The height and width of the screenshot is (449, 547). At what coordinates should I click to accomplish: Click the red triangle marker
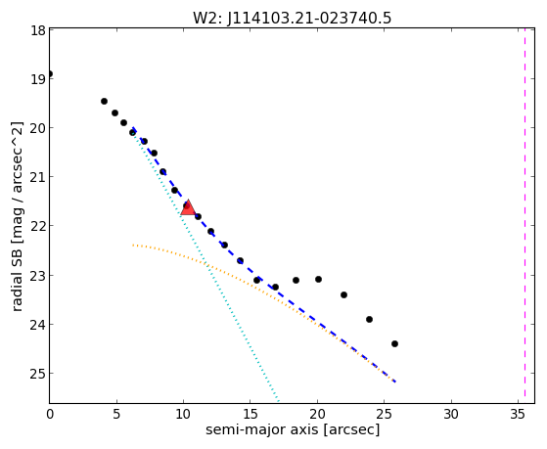188,208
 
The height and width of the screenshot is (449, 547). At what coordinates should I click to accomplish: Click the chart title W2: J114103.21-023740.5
292,19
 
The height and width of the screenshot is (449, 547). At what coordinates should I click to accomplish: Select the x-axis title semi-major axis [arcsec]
293,429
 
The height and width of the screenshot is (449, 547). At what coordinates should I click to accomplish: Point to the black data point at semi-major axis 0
50,74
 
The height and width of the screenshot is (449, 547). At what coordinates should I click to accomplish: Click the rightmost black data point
394,344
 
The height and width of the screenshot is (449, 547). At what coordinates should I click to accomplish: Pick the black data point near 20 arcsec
318,280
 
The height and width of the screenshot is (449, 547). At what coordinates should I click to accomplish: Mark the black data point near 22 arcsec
343,295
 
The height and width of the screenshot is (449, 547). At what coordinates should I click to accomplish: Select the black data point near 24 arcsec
369,320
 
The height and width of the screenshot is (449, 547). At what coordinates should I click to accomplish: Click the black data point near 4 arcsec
104,102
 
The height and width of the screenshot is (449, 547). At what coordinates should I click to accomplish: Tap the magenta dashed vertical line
524,215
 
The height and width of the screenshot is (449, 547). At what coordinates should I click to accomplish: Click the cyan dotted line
205,265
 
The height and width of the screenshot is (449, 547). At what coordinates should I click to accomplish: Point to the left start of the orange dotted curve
133,246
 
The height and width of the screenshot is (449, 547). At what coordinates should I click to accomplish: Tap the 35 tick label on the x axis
518,414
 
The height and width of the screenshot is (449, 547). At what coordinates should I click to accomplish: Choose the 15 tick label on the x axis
251,414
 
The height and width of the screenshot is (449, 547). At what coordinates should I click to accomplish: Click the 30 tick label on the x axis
451,414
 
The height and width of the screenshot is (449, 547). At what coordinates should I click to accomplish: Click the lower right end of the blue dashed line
395,382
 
